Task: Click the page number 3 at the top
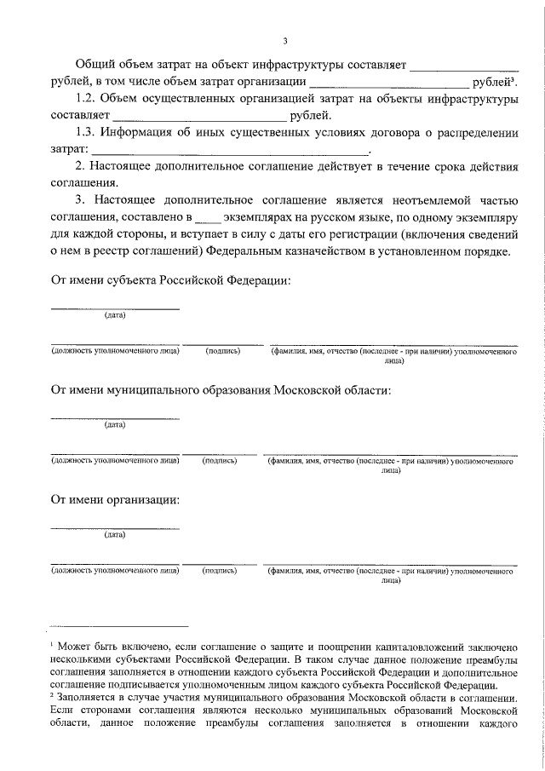coord(285,40)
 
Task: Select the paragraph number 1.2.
coord(87,100)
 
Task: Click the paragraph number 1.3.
coord(87,134)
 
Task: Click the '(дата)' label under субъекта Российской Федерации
coord(115,315)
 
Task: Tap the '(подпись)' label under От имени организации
coord(219,571)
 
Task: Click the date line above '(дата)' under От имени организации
coord(115,528)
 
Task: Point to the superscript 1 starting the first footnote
coord(52,648)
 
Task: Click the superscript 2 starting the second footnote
coord(52,693)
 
